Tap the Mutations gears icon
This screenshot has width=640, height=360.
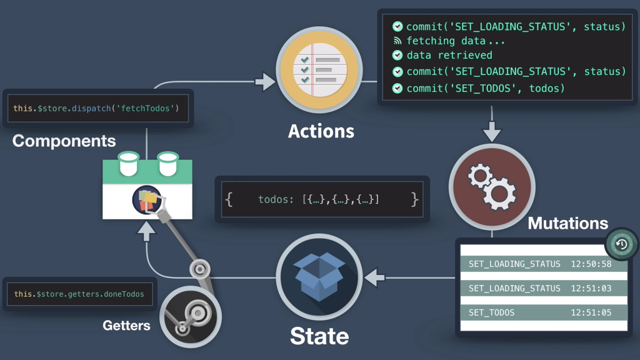pyautogui.click(x=492, y=186)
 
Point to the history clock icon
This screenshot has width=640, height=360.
pyautogui.click(x=621, y=244)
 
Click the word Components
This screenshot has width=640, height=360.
pyautogui.click(x=64, y=141)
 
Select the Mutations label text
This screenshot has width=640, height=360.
pyautogui.click(x=567, y=223)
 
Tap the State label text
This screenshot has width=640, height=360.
pyautogui.click(x=319, y=336)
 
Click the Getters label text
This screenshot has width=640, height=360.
pyautogui.click(x=126, y=325)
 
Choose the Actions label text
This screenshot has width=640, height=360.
pyautogui.click(x=321, y=131)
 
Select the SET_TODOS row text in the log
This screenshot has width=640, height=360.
pyautogui.click(x=492, y=312)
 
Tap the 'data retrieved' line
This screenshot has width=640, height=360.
pyautogui.click(x=449, y=55)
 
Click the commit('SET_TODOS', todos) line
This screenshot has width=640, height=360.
pyautogui.click(x=485, y=88)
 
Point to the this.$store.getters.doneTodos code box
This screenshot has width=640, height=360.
pyautogui.click(x=79, y=294)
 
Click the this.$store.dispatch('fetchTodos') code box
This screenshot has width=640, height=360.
pyautogui.click(x=96, y=108)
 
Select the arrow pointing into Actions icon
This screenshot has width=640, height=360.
pyautogui.click(x=265, y=81)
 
